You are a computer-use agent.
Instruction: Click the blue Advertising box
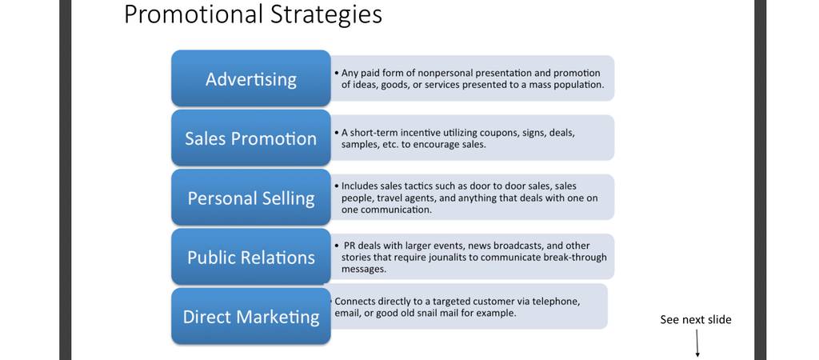point(250,78)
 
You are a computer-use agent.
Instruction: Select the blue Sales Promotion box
point(250,138)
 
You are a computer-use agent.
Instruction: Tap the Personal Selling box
point(250,198)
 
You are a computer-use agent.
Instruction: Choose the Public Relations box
point(250,257)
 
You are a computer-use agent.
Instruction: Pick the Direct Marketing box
point(250,316)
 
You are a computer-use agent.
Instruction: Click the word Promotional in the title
point(194,14)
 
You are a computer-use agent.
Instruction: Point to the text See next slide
point(696,320)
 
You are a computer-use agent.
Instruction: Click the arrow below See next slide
point(697,344)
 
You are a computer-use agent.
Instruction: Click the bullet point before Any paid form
point(337,73)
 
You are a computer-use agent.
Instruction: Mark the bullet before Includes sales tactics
point(337,186)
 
